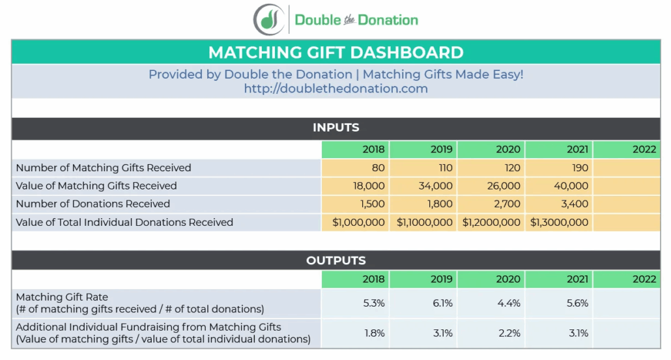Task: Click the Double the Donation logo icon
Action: (x=269, y=20)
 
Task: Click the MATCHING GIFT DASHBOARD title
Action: (x=335, y=53)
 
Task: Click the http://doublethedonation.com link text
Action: (x=335, y=89)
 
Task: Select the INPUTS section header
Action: (x=335, y=128)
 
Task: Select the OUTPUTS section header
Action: (x=335, y=260)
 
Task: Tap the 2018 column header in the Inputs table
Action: (x=373, y=149)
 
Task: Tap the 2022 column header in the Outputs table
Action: (x=644, y=279)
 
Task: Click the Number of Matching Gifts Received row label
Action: (x=103, y=168)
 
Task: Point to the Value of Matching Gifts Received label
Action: (x=96, y=186)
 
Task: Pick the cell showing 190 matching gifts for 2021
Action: (x=579, y=168)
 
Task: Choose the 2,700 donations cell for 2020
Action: (x=507, y=204)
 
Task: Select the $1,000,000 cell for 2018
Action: (x=358, y=223)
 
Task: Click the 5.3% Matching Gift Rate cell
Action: (x=374, y=303)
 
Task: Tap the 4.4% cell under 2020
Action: (x=509, y=303)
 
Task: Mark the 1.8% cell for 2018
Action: (x=374, y=333)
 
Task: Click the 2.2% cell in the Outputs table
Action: (x=509, y=333)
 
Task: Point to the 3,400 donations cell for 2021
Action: (x=575, y=204)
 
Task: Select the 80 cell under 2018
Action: (x=378, y=168)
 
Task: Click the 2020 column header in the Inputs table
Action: (x=508, y=149)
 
